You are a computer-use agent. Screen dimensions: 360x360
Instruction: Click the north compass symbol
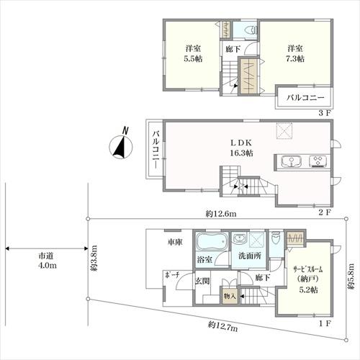pos(121,146)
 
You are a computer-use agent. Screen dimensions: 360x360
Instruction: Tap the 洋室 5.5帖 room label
pos(193,53)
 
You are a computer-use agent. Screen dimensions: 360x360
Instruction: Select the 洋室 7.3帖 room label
pos(295,53)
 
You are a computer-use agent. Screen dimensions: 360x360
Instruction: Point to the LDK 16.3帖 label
pos(241,148)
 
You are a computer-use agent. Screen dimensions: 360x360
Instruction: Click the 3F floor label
pos(325,113)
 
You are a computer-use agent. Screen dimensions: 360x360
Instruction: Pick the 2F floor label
pos(325,212)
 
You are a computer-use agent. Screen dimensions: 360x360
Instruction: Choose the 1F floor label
pos(325,323)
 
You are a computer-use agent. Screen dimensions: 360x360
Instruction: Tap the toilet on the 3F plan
pos(251,30)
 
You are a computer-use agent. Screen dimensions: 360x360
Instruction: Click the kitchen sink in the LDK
pos(292,161)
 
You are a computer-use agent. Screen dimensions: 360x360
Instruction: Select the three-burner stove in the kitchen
pos(318,161)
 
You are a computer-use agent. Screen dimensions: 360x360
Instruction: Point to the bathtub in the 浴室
pos(212,242)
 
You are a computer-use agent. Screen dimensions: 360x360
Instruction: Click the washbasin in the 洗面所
pos(239,239)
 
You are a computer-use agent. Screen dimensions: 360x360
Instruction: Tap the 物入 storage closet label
pos(230,296)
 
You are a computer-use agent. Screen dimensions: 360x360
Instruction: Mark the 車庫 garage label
pos(175,242)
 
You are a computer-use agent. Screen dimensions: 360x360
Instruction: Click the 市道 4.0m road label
pos(48,261)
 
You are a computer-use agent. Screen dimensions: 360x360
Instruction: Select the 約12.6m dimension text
pos(221,214)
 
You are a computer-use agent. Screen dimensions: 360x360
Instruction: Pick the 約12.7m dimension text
pos(223,326)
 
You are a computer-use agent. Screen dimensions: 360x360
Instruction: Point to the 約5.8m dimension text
pos(351,276)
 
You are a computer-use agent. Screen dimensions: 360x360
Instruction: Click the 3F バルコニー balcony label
pos(305,98)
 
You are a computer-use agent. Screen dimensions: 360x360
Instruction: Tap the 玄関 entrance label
pos(202,281)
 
